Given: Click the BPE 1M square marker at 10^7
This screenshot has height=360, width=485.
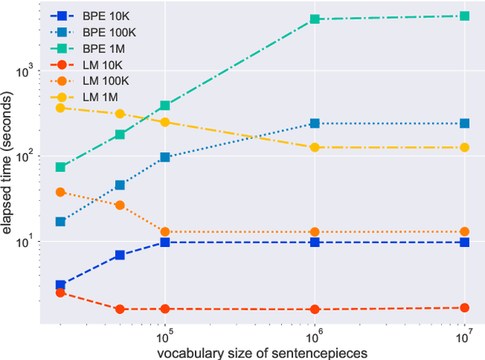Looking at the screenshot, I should pyautogui.click(x=465, y=16).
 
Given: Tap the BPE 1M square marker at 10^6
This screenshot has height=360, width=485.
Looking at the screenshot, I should pyautogui.click(x=314, y=19).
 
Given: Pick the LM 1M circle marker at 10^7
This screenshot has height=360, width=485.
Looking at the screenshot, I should pyautogui.click(x=465, y=148).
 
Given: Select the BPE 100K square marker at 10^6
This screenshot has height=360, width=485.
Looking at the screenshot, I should pyautogui.click(x=314, y=124).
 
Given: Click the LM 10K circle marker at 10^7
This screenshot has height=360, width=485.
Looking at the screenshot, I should pyautogui.click(x=465, y=308).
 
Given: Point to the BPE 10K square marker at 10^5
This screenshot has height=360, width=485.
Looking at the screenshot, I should pyautogui.click(x=164, y=243).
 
